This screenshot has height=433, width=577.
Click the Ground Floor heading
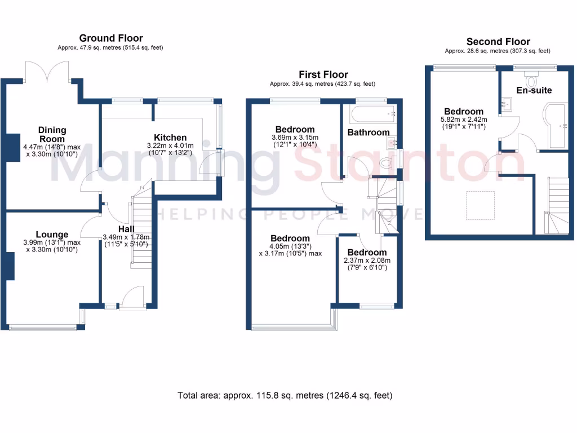click(110, 38)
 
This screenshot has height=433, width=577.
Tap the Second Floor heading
click(498, 41)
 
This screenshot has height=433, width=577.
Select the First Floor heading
click(324, 74)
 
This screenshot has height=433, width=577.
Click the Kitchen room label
click(170, 137)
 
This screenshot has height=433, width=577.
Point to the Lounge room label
click(52, 235)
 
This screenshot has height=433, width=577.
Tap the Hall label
click(126, 229)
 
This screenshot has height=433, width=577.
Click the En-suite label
click(534, 90)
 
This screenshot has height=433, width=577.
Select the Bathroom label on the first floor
click(368, 132)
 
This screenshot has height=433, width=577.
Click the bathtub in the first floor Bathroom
click(372, 115)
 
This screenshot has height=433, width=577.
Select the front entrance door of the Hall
click(133, 298)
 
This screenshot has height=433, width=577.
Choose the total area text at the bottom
click(285, 395)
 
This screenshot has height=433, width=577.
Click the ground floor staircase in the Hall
click(141, 228)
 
